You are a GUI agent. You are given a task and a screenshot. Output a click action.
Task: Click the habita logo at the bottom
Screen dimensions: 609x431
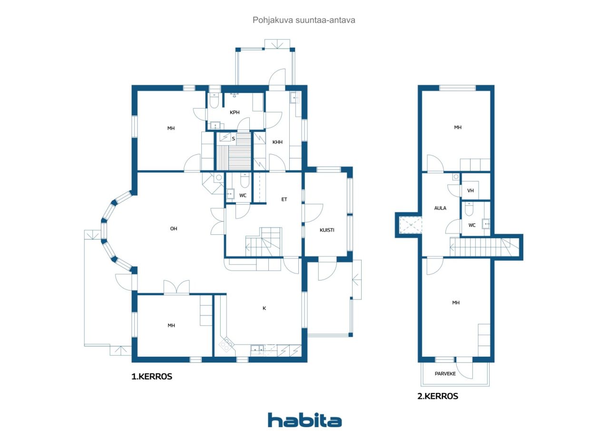click(x=304, y=420)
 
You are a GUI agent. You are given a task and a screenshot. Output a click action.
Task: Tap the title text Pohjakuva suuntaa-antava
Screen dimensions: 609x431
click(x=304, y=20)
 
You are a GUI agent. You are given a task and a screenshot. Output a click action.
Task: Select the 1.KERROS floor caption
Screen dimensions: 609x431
click(x=152, y=376)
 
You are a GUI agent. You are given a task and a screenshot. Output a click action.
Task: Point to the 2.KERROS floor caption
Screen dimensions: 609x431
click(x=438, y=396)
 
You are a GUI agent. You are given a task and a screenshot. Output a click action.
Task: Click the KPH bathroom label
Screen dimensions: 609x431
click(x=235, y=112)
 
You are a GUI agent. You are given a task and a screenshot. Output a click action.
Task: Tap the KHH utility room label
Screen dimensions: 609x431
click(x=277, y=142)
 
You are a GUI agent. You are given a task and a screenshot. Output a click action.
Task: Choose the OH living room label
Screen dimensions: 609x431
click(x=174, y=229)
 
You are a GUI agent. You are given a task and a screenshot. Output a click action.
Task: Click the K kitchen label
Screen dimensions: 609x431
click(x=264, y=308)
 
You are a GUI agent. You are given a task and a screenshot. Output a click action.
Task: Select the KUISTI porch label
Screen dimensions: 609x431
click(x=327, y=230)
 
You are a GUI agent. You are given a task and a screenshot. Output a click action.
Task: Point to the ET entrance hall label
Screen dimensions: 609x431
click(x=284, y=200)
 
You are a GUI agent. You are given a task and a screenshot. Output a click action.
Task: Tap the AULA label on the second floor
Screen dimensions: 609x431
click(x=440, y=208)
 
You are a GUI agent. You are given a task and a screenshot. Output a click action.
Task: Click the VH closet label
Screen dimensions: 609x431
click(x=471, y=190)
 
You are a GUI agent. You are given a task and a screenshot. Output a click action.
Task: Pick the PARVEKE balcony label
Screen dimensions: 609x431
click(x=445, y=373)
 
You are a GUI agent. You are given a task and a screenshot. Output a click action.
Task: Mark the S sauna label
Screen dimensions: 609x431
click(x=233, y=139)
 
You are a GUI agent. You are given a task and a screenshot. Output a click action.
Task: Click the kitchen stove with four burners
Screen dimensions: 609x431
click(x=226, y=344)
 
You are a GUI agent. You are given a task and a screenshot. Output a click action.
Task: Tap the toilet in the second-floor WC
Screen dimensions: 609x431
click(x=469, y=209)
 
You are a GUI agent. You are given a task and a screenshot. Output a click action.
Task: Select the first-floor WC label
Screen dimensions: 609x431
click(x=243, y=195)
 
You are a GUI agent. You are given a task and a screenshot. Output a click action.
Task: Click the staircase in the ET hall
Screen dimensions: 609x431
click(x=264, y=242)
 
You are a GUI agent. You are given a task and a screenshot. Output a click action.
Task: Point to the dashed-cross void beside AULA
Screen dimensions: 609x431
click(x=411, y=225)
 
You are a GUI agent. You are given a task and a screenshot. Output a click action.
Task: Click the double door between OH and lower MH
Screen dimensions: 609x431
click(x=177, y=287)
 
